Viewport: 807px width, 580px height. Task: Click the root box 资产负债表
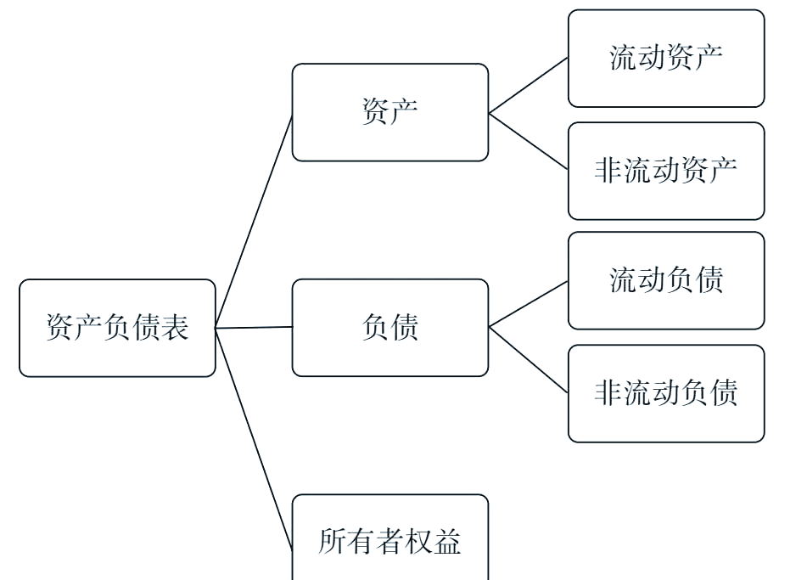(117, 328)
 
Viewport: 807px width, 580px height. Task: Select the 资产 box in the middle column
(389, 112)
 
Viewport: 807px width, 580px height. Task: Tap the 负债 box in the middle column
(389, 328)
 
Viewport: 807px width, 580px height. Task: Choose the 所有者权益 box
(389, 540)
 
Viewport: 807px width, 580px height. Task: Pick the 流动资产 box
(666, 58)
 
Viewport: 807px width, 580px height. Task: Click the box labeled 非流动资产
(666, 171)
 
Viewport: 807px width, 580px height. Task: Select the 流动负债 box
(666, 280)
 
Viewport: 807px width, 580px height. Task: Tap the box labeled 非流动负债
(666, 393)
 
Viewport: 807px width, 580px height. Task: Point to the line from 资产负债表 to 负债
(254, 327)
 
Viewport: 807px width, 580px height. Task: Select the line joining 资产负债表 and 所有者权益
(254, 433)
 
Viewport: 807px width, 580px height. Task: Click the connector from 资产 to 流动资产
(528, 85)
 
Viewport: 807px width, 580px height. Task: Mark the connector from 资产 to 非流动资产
(528, 141)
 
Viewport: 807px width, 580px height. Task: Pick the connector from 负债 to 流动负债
(528, 304)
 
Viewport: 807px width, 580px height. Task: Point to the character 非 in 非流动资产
(608, 171)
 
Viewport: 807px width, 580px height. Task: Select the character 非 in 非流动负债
(608, 393)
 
